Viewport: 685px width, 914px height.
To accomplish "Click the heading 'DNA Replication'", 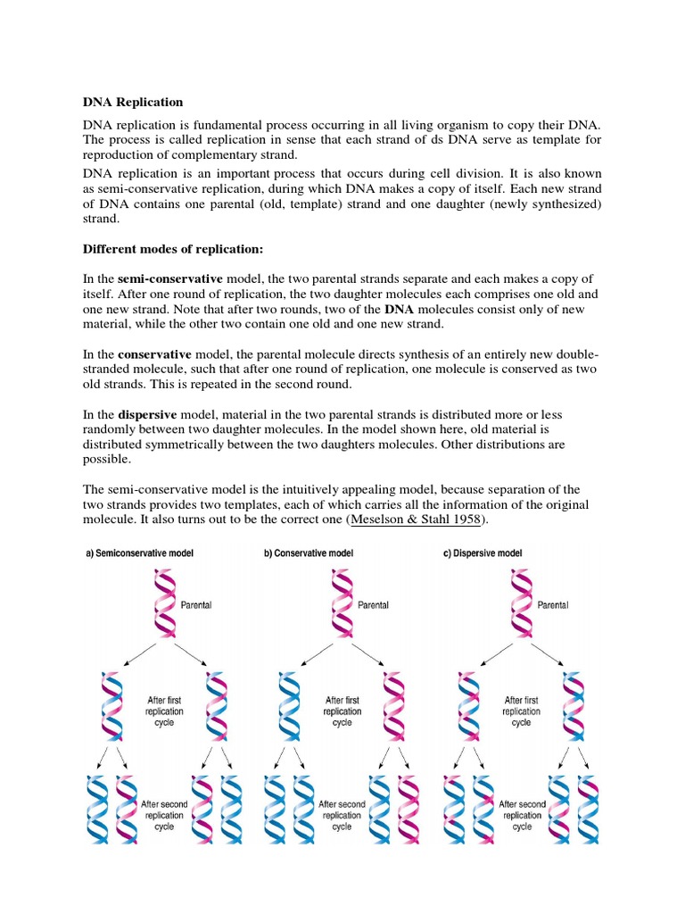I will click(x=133, y=103).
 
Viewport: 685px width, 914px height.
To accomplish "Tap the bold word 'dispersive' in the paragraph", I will click(x=147, y=415).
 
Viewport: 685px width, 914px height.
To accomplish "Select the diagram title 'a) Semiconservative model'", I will click(x=139, y=553).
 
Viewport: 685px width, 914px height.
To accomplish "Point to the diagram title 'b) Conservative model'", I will click(x=309, y=553).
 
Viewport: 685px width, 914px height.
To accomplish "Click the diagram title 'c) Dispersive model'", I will click(x=483, y=553).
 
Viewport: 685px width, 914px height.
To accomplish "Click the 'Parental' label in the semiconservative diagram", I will click(x=196, y=605).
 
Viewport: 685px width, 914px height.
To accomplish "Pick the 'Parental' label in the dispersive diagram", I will click(x=553, y=605).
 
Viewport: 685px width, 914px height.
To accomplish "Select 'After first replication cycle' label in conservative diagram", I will click(x=342, y=711).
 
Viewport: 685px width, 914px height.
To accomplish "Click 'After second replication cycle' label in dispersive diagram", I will click(x=522, y=815).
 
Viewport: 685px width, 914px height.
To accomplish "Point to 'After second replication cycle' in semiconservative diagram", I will click(x=164, y=815).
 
